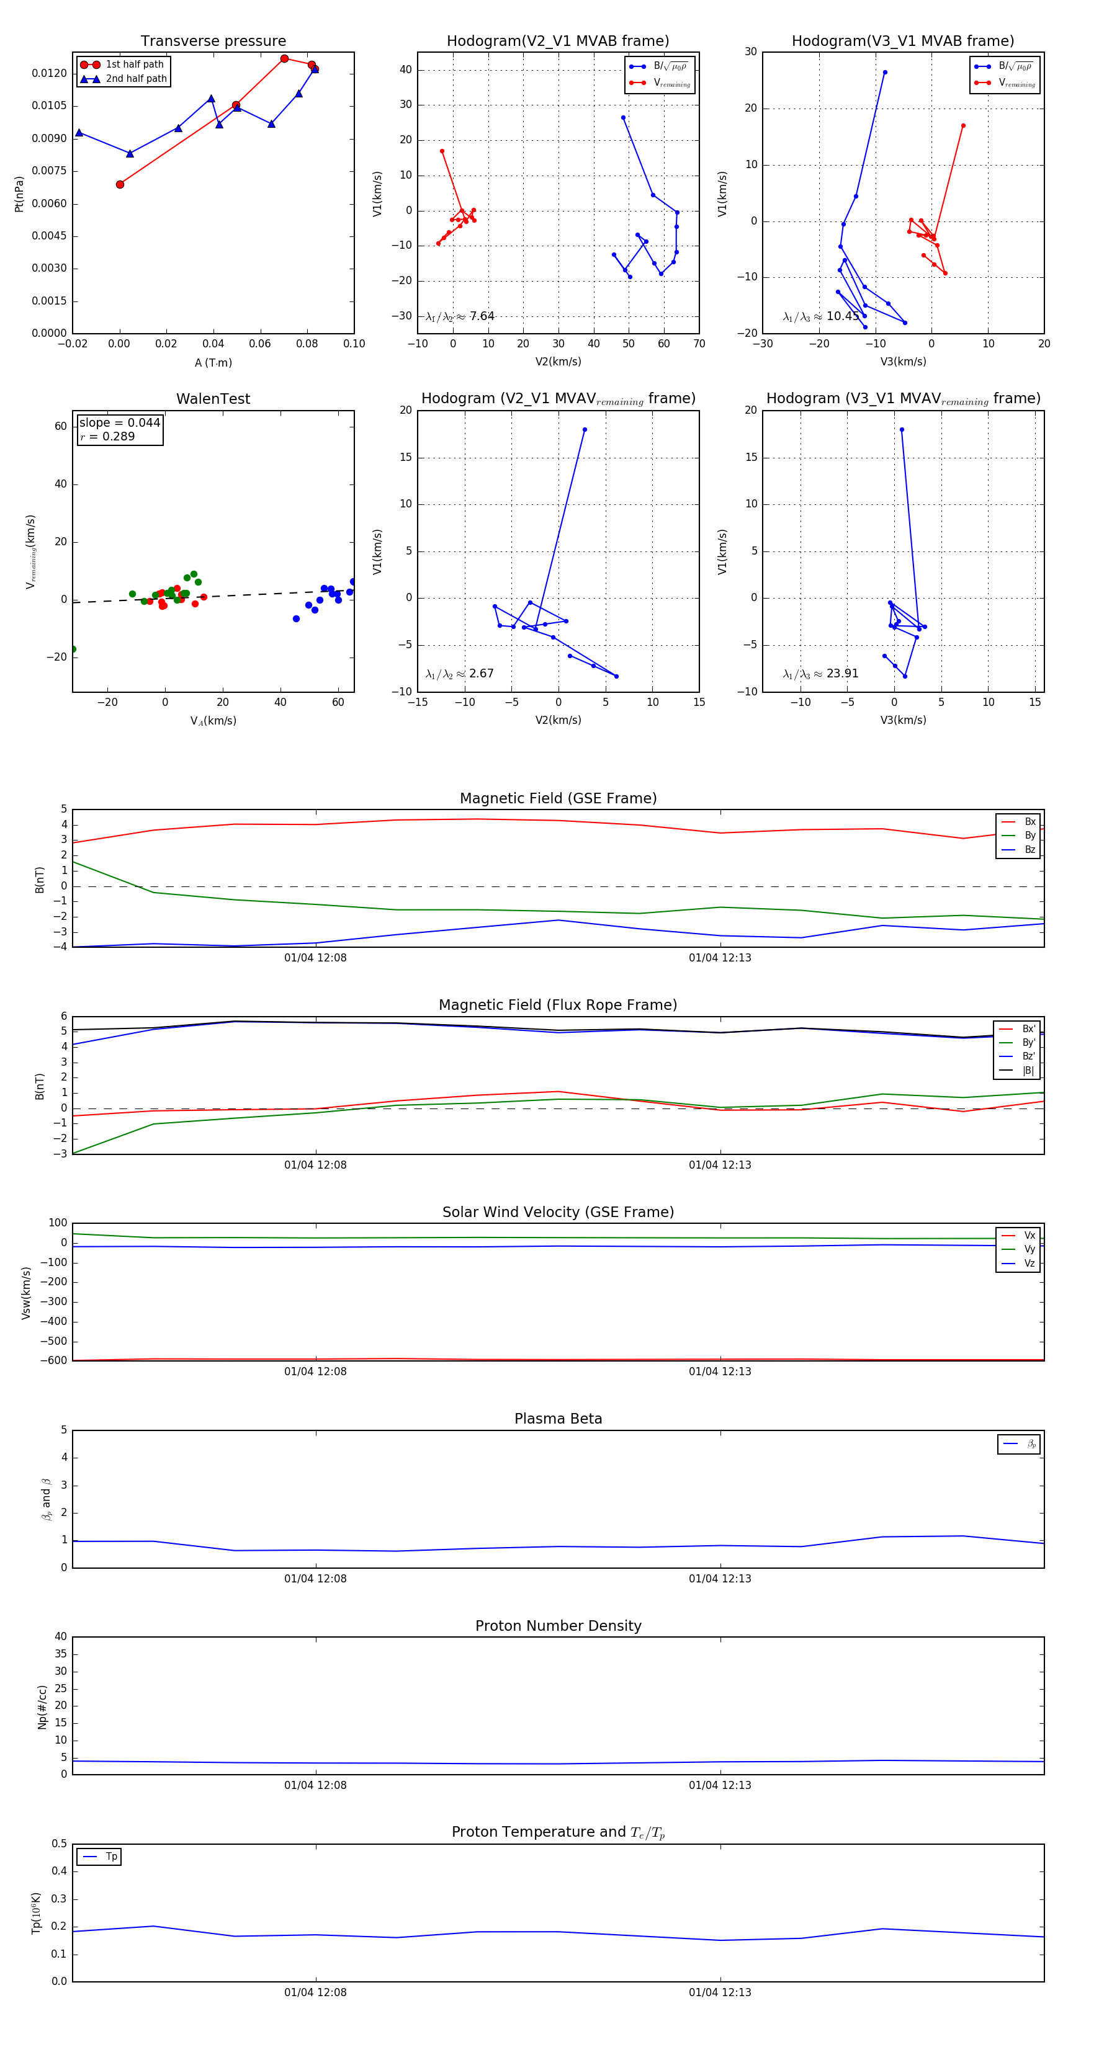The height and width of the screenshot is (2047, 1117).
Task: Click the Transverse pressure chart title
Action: [x=213, y=42]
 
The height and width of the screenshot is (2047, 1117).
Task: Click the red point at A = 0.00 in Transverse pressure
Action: [x=120, y=184]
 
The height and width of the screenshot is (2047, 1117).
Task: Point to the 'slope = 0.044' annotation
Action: [x=119, y=423]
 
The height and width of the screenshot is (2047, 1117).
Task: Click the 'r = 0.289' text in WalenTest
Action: [x=107, y=437]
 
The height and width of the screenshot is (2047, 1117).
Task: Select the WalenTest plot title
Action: [x=213, y=399]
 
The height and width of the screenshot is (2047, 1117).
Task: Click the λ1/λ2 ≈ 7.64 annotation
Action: [x=459, y=316]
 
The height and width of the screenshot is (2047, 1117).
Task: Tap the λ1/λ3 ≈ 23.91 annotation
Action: [x=820, y=674]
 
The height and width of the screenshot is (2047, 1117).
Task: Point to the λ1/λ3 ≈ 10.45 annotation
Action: [x=820, y=316]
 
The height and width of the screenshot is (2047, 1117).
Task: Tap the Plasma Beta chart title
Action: [x=558, y=1419]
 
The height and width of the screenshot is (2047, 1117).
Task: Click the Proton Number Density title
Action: [x=558, y=1626]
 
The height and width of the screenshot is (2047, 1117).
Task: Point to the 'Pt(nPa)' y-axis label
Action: [x=19, y=194]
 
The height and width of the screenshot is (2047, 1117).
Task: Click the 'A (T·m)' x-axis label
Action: [x=213, y=363]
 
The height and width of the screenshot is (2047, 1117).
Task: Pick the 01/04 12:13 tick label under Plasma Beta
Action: [x=719, y=1579]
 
